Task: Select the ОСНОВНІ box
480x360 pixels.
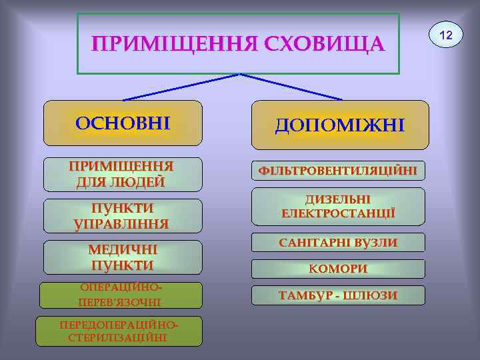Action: (x=123, y=123)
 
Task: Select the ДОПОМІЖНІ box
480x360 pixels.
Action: (x=340, y=125)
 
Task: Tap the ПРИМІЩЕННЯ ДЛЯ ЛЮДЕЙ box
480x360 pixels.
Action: (x=123, y=174)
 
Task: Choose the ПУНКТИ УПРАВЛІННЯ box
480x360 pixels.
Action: (x=123, y=215)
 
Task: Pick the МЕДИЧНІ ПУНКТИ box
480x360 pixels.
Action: (x=123, y=257)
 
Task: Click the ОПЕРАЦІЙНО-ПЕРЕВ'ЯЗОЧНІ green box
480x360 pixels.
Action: (x=121, y=295)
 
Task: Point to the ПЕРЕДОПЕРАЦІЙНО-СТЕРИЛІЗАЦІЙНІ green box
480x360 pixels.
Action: (x=119, y=331)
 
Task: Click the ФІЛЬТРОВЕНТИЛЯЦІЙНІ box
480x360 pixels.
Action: (x=337, y=171)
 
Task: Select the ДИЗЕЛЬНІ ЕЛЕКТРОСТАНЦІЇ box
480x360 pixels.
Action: (x=337, y=207)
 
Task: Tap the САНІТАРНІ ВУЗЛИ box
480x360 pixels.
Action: (x=337, y=243)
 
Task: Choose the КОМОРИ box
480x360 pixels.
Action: (x=337, y=269)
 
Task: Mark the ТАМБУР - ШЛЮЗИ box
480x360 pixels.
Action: (x=337, y=295)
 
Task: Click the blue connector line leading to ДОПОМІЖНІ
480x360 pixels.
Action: (x=293, y=87)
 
